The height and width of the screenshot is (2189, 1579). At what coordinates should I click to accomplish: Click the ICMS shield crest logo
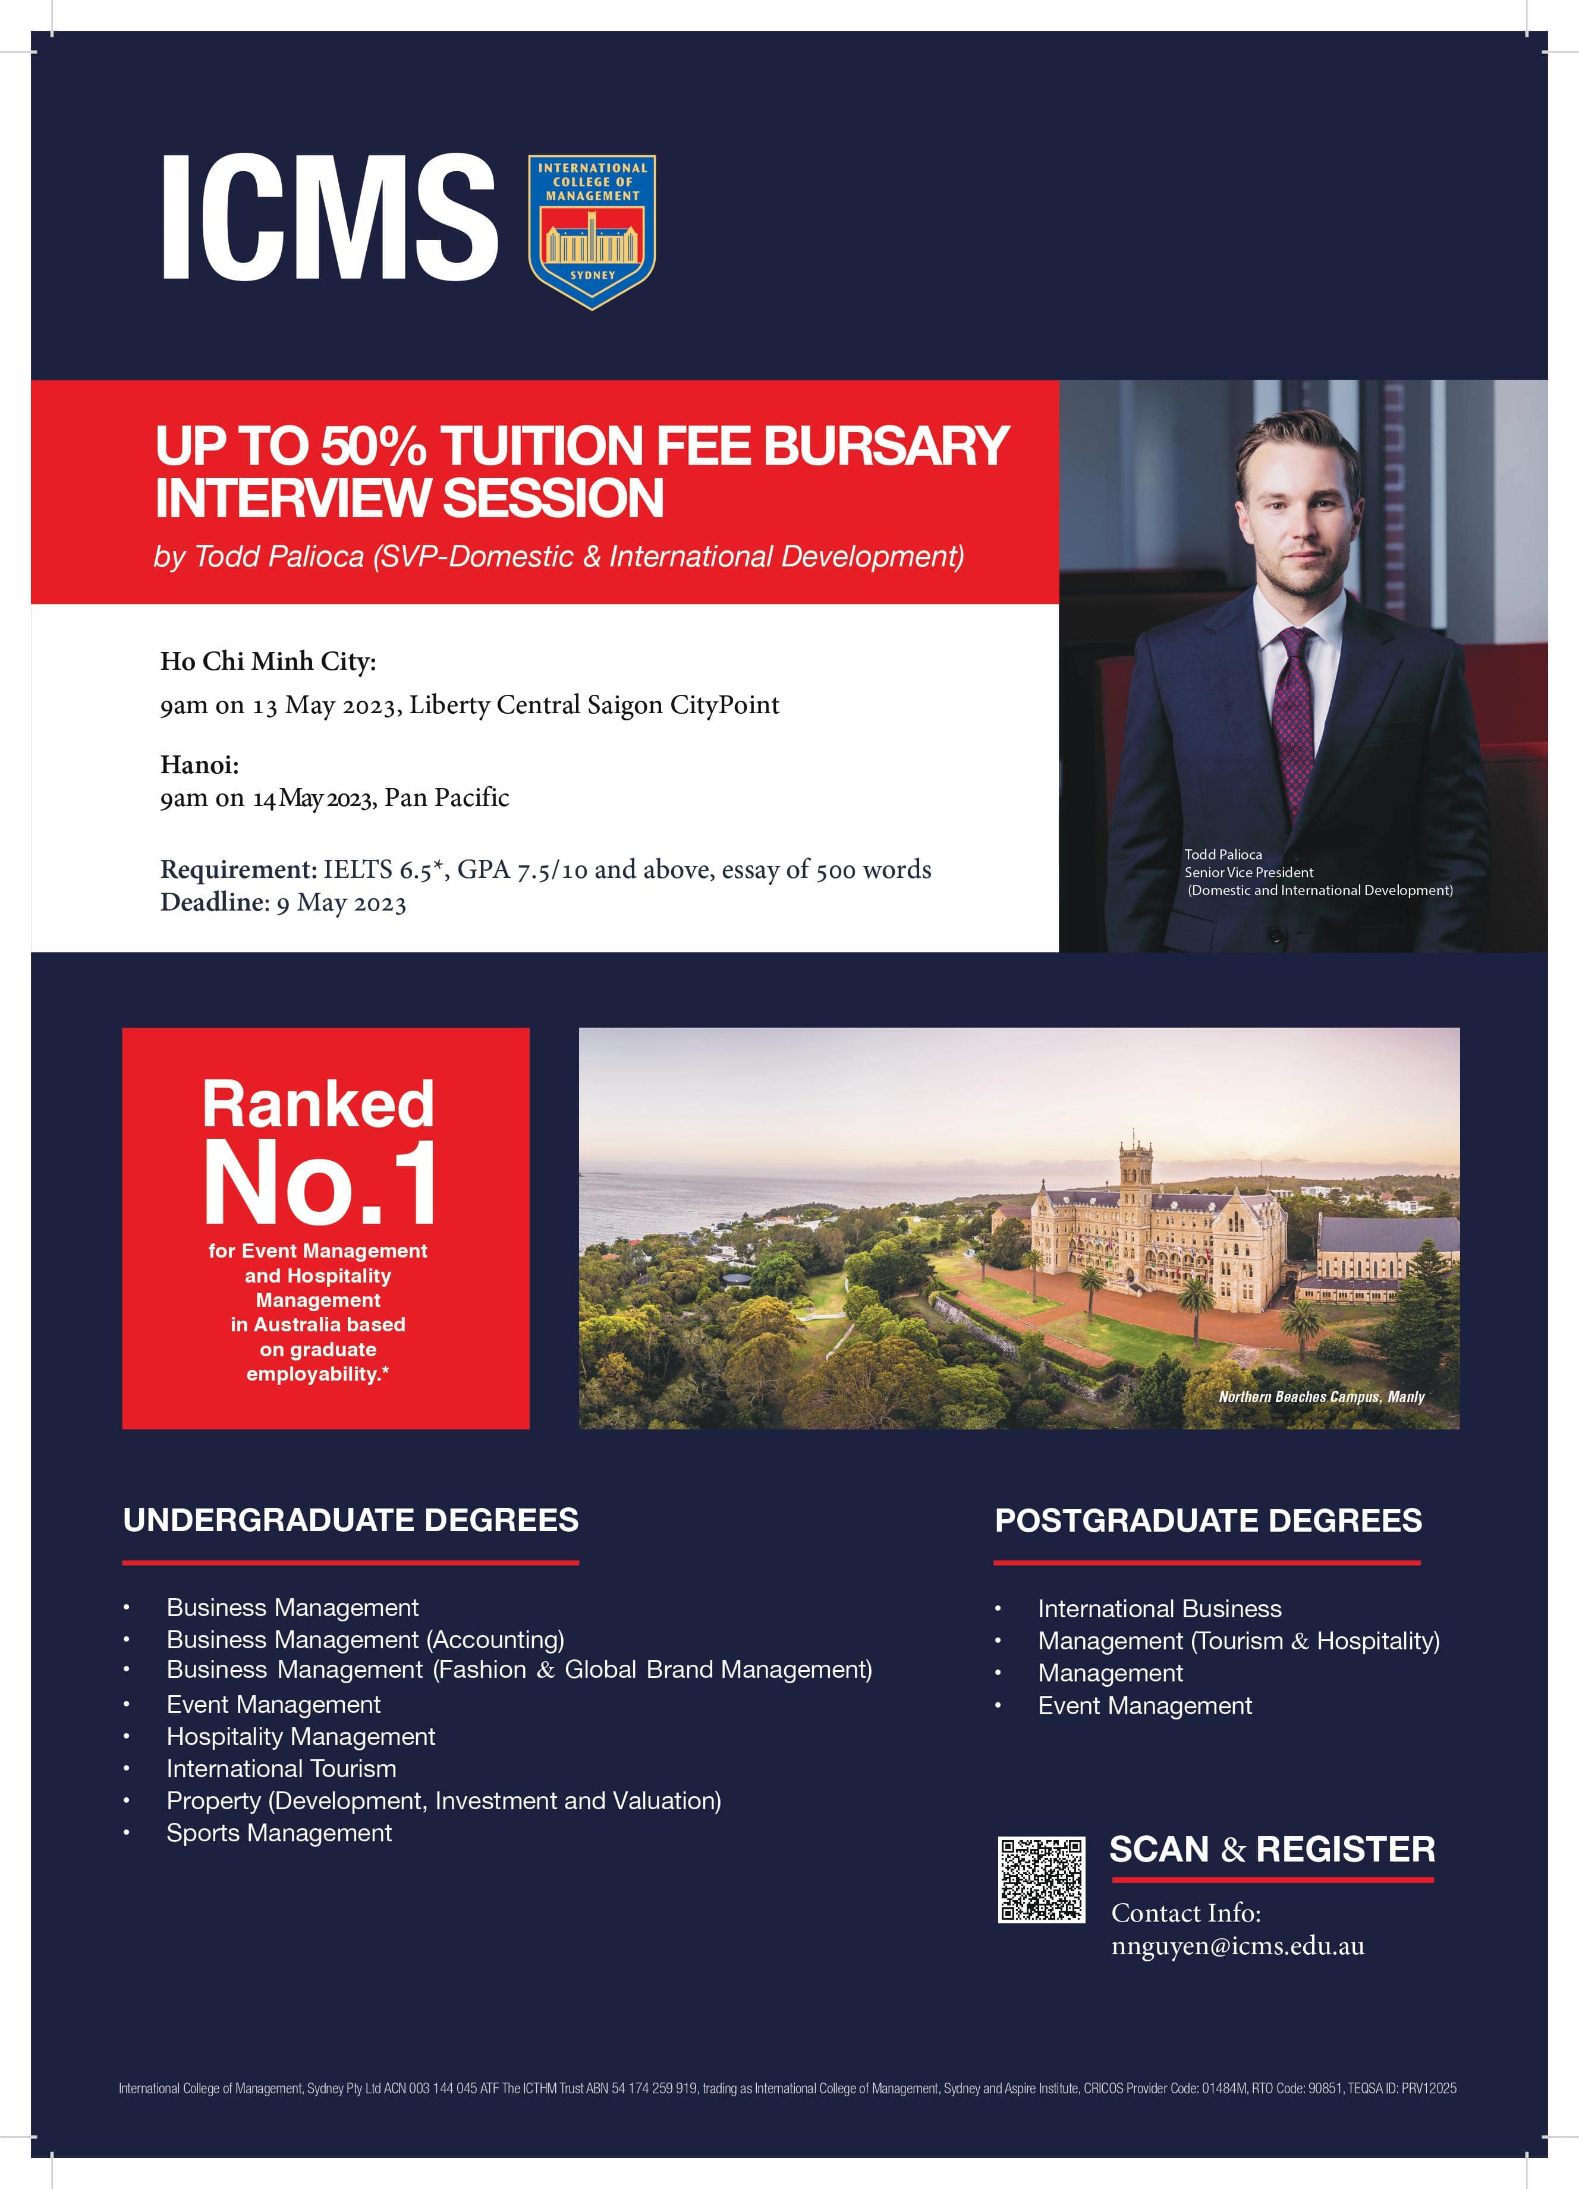click(592, 232)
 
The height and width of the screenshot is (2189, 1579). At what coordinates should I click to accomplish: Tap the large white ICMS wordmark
click(328, 218)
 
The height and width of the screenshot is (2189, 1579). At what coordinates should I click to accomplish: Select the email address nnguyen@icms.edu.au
click(1237, 1946)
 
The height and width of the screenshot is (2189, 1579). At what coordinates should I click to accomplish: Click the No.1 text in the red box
click(319, 1183)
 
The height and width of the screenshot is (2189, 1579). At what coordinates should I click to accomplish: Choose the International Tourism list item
click(281, 1768)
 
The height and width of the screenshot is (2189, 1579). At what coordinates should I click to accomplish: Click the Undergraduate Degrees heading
click(350, 1520)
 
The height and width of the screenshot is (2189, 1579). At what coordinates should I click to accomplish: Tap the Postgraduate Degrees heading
click(1207, 1521)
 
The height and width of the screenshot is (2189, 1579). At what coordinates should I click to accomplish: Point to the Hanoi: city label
click(199, 764)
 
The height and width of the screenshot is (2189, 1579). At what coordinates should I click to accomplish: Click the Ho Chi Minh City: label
click(268, 661)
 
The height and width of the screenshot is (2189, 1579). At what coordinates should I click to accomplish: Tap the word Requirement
click(237, 870)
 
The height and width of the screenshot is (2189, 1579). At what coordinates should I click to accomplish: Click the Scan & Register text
click(1271, 1849)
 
